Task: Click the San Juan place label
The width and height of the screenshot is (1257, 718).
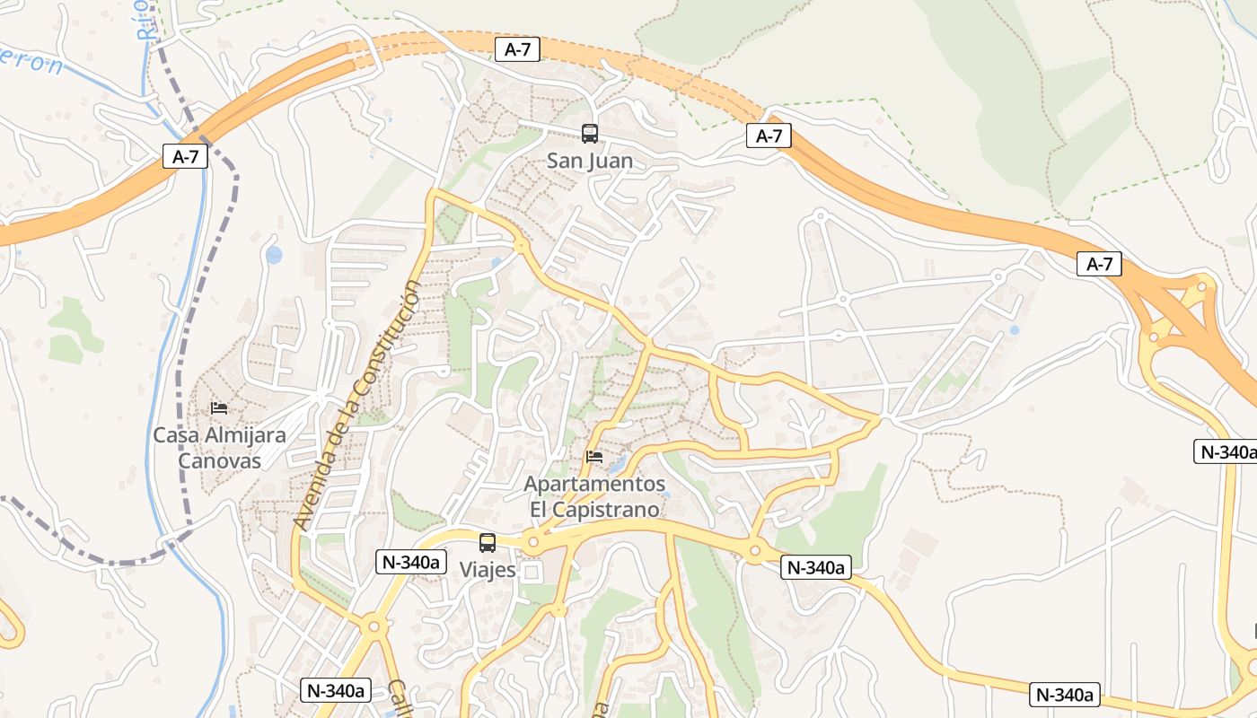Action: pos(590,162)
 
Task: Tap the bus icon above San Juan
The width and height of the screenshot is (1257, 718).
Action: pos(590,134)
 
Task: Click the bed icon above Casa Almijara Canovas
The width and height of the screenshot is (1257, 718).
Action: pos(219,408)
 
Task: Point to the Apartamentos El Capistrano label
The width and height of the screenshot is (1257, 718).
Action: pos(594,497)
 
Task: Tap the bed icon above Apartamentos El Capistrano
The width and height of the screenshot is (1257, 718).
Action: pos(594,457)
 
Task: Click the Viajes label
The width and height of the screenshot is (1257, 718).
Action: pos(488,570)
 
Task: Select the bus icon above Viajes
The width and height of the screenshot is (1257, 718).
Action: pos(488,543)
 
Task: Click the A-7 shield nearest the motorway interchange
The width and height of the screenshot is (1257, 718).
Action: pos(1099,264)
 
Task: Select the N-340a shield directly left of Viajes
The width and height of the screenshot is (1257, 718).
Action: pos(410,563)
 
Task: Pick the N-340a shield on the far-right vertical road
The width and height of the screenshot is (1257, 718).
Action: pos(1225,451)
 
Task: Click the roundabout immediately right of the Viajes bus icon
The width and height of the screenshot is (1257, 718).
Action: pos(533,541)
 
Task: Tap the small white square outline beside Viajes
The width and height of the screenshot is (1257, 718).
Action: pos(533,572)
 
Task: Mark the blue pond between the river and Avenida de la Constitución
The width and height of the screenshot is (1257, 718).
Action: pos(274,255)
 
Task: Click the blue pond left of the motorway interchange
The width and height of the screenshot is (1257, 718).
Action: pos(1015,330)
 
